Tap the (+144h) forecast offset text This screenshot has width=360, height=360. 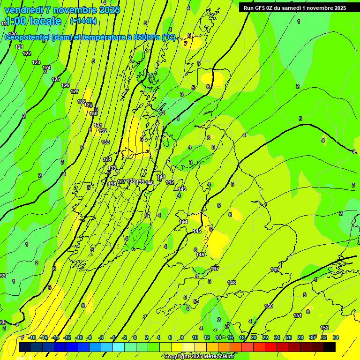83,21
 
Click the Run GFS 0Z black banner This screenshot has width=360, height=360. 294,7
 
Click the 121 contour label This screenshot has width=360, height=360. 19,47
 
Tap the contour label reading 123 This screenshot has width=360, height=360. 36,62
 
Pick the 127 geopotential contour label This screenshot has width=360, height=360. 75,91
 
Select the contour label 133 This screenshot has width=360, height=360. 105,142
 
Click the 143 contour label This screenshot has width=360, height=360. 182,189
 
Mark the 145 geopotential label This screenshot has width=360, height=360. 197,232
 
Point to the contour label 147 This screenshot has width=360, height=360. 215,269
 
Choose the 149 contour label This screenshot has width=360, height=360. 275,270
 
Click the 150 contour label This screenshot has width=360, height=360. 269,306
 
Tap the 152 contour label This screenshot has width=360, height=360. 324,328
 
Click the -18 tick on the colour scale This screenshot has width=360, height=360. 32,337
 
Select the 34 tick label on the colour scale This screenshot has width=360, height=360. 336,337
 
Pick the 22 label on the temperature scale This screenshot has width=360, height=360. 265,337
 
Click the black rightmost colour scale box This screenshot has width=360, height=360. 330,347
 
